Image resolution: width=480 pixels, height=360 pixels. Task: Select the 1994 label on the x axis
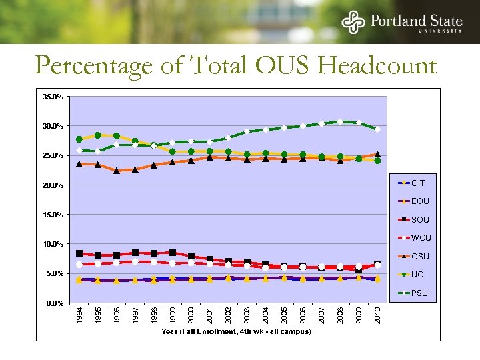(79, 316)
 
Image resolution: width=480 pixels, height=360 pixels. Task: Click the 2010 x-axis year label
(377, 316)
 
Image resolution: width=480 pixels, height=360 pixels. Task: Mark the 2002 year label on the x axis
(229, 316)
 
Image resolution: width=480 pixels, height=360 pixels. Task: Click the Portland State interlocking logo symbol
(353, 22)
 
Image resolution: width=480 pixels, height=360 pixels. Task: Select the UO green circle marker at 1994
(79, 139)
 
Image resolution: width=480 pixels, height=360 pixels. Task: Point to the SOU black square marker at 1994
(79, 253)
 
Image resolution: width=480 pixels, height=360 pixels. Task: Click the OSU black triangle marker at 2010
(377, 155)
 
